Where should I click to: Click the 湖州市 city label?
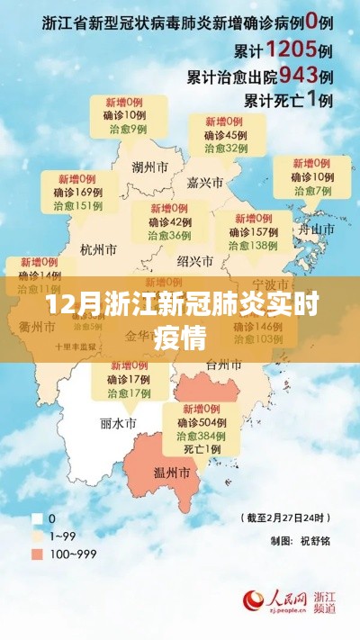coord(149,167)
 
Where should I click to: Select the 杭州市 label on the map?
coord(99,249)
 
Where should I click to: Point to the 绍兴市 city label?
coord(195,261)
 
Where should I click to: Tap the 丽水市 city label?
coord(118,422)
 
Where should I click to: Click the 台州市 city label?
coord(249,365)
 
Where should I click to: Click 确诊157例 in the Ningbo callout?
coord(252,231)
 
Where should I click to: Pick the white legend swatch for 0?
coord(38,518)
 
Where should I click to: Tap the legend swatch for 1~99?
coord(38,534)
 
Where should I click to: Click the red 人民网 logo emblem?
coord(255,599)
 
